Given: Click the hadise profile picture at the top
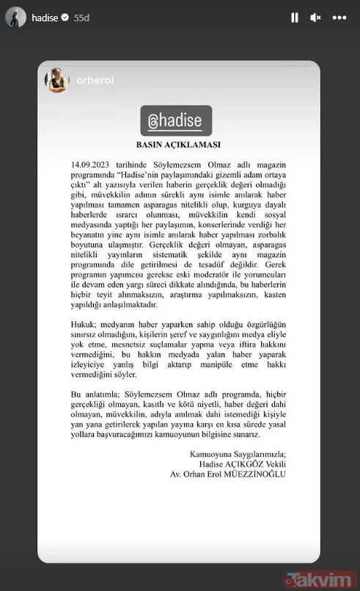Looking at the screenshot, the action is (16, 17).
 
